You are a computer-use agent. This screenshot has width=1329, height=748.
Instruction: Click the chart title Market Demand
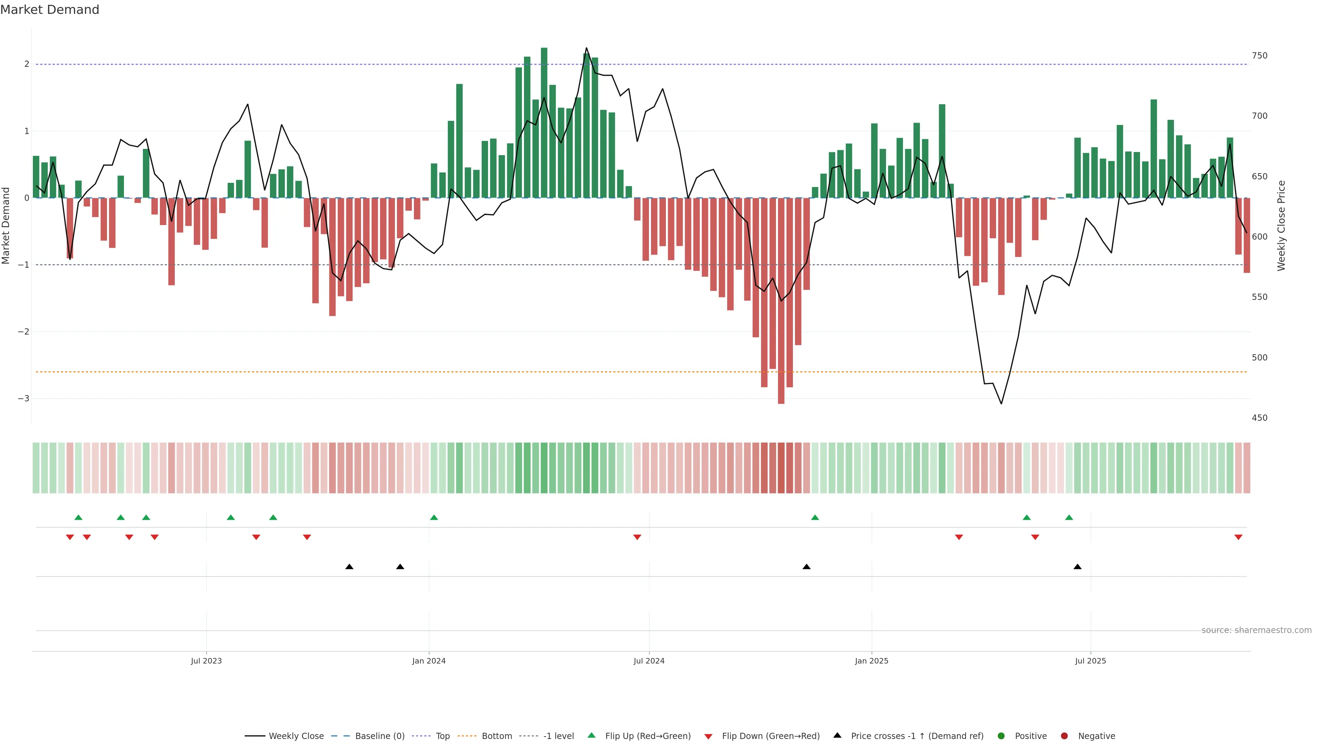tap(49, 10)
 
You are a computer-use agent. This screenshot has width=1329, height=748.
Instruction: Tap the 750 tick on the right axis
tap(1259, 56)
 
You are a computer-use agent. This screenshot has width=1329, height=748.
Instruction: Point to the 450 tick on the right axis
tap(1259, 418)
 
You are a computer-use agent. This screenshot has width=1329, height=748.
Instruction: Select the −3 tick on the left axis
tap(23, 399)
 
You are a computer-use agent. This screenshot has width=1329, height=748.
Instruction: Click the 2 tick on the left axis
tap(26, 64)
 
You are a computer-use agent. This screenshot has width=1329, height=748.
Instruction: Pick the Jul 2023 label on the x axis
tap(206, 661)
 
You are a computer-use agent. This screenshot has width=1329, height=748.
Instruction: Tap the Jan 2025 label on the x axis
tap(871, 661)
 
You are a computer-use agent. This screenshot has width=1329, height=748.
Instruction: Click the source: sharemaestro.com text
tap(1256, 630)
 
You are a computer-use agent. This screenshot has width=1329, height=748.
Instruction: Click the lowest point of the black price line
tap(1001, 403)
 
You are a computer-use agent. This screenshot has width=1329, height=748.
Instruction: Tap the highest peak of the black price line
tap(586, 48)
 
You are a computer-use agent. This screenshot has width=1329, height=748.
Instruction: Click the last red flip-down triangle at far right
tap(1238, 537)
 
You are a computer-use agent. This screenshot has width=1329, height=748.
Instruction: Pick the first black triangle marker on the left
tap(349, 567)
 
